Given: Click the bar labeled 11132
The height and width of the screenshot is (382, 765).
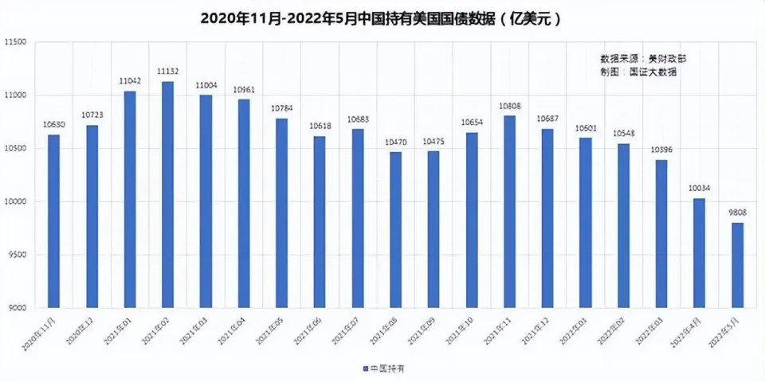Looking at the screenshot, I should (x=167, y=194).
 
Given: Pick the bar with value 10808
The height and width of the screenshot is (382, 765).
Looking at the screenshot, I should (x=510, y=212).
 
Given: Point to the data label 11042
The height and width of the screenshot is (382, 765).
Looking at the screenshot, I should (x=130, y=81).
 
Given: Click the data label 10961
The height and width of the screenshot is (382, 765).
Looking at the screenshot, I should (x=244, y=90).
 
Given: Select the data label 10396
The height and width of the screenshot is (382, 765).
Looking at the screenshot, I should (x=661, y=150).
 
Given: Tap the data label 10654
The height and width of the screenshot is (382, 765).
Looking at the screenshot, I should (x=472, y=123).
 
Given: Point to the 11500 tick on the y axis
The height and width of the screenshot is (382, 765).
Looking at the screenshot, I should (x=15, y=42).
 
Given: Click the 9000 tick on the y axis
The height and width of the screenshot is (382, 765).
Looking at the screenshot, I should (x=18, y=308).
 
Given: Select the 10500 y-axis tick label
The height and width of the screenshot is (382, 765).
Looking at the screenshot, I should (x=15, y=149).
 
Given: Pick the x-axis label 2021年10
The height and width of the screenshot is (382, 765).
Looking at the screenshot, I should (x=459, y=327).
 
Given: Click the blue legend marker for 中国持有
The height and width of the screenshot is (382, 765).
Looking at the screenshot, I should (x=365, y=368).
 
